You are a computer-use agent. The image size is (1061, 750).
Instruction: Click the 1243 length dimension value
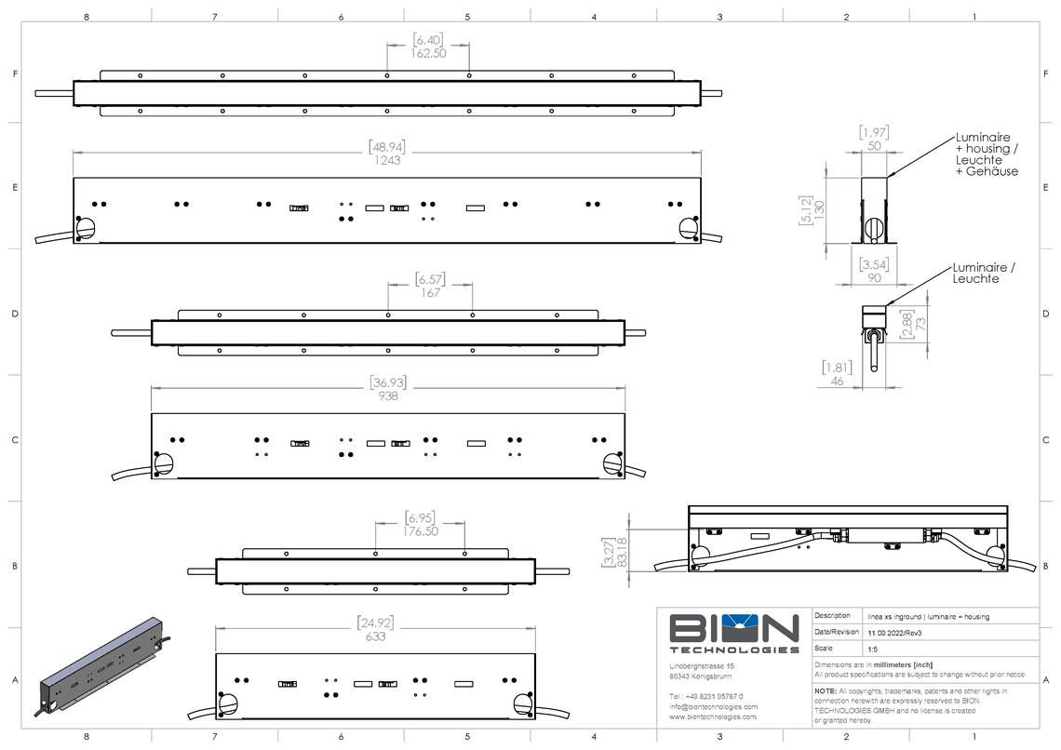coord(387,161)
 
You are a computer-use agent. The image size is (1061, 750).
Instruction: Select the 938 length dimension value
coord(388,395)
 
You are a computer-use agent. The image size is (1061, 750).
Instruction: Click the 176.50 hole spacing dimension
coord(421,531)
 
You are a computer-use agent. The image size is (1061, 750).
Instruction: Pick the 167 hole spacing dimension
coord(430,293)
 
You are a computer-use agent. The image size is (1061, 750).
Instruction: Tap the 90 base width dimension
coord(873,277)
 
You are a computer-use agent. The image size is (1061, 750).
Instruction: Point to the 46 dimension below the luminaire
coord(837,381)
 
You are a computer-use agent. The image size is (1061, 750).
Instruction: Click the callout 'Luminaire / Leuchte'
coord(984,274)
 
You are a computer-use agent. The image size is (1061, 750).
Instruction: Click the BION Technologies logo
coord(734,633)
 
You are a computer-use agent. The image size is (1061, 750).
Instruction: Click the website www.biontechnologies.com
coord(713,717)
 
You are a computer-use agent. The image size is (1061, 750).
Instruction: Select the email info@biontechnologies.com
coord(714,706)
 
